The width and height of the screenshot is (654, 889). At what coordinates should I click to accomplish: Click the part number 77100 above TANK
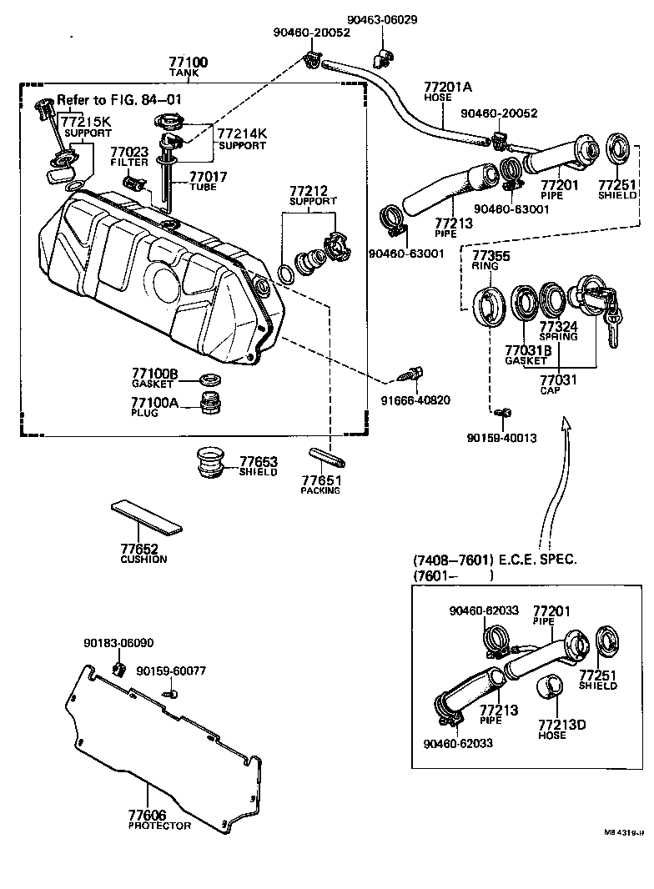click(x=189, y=63)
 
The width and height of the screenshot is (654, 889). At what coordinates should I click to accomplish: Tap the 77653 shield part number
click(x=259, y=461)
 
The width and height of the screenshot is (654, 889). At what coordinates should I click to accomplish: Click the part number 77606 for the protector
click(x=148, y=815)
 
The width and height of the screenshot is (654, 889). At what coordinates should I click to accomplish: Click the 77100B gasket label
click(x=154, y=374)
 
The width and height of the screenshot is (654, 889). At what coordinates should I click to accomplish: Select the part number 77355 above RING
click(x=492, y=255)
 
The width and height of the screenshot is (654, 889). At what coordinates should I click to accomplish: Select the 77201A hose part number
click(x=448, y=86)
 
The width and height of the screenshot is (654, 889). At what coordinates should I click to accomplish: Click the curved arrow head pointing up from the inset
click(x=566, y=426)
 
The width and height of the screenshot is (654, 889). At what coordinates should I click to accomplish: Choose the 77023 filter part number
click(x=129, y=152)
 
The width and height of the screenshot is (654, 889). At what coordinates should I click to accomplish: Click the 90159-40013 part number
click(x=501, y=438)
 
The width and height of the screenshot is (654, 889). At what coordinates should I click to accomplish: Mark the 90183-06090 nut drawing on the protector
click(x=118, y=670)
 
